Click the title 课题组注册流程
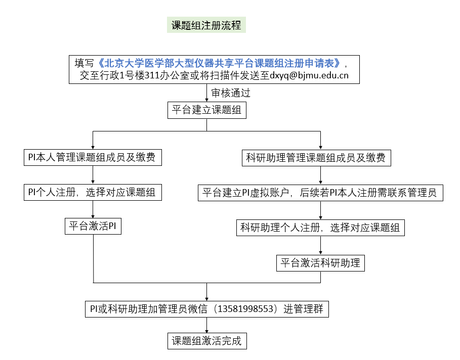pos(206,25)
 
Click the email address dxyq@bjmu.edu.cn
pos(309,76)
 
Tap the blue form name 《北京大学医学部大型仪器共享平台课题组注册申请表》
pos(219,63)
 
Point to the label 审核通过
pos(231,93)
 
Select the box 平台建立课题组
pos(206,110)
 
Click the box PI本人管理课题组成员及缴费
pos(93,158)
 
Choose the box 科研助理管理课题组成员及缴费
pos(316,158)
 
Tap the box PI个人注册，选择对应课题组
pos(93,192)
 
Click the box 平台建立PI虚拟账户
pos(320,193)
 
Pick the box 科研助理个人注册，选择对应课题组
pos(320,228)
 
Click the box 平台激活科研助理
pos(320,263)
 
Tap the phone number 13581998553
pos(247,308)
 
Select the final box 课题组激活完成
pos(206,341)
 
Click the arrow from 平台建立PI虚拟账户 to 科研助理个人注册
pos(321,210)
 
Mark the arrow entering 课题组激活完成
pos(206,325)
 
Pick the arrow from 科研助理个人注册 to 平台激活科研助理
pos(321,245)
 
